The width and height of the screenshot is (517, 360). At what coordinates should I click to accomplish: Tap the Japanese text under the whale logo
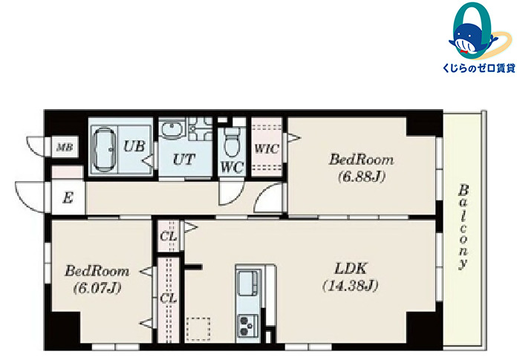(479, 68)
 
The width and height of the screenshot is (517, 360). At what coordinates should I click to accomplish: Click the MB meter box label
(65, 147)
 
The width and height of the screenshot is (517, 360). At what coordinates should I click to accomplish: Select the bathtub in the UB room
(105, 149)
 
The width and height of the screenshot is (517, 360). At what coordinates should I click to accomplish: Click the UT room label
(184, 160)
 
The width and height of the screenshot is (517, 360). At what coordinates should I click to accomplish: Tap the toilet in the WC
(232, 142)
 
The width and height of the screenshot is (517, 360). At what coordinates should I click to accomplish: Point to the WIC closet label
(267, 148)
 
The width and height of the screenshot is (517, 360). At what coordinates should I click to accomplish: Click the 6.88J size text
(362, 177)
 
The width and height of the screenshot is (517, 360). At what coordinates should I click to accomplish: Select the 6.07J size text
(97, 289)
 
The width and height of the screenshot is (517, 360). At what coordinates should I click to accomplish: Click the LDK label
(351, 269)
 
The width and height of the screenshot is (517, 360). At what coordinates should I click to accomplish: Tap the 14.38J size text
(350, 285)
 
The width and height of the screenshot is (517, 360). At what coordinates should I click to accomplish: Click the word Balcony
(464, 227)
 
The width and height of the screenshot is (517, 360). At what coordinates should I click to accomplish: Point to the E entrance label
(68, 198)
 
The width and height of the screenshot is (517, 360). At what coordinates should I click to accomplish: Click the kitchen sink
(247, 283)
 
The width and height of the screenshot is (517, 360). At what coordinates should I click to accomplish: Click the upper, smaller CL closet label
(168, 236)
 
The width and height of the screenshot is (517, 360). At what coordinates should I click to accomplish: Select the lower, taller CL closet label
(168, 298)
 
